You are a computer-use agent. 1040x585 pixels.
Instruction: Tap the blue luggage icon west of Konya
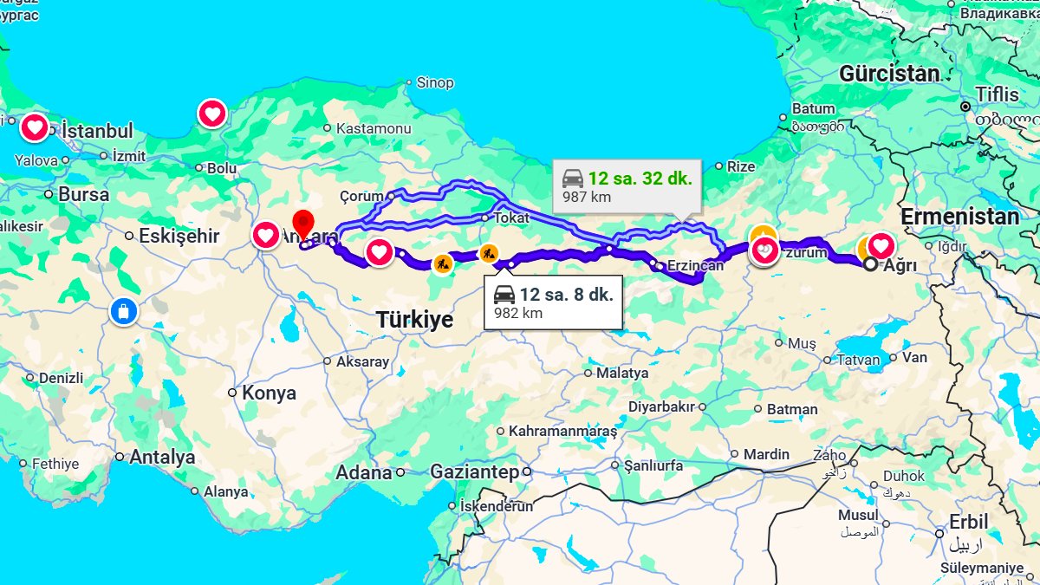(124, 311)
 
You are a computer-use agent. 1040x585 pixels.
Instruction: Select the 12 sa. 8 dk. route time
(567, 294)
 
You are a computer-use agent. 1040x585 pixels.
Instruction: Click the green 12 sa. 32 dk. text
(640, 179)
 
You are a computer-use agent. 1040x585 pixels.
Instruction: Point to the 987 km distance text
(587, 198)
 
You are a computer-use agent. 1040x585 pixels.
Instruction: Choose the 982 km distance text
(518, 313)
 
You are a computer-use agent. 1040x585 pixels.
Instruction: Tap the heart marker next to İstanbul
(35, 129)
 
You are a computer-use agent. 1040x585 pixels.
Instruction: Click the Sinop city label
(435, 83)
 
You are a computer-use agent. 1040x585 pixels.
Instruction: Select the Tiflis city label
(998, 94)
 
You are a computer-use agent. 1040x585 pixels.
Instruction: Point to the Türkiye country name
(414, 320)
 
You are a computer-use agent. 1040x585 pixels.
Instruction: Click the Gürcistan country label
(889, 75)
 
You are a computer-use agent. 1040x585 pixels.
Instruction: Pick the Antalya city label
(162, 458)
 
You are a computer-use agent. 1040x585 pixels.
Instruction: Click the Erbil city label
(968, 523)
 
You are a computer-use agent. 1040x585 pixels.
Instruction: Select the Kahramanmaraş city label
(562, 431)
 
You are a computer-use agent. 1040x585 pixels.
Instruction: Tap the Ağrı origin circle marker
(870, 265)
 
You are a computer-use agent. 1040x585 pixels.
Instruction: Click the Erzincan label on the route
(695, 266)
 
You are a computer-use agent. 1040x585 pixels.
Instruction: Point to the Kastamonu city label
(373, 128)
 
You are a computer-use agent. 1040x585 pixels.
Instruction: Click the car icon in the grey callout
(573, 179)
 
